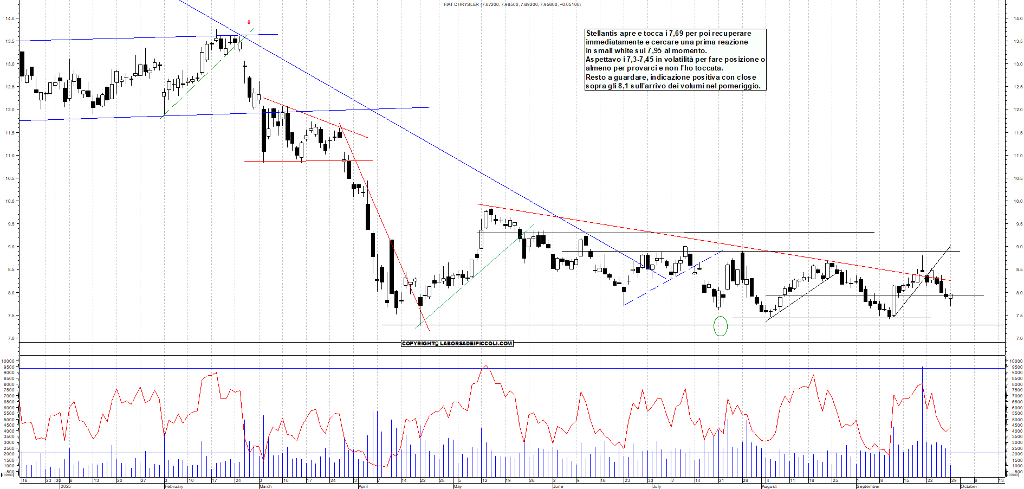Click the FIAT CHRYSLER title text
(x=461, y=4)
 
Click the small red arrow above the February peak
(x=249, y=22)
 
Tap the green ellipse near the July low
(x=720, y=326)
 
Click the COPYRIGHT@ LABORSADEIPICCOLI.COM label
(x=457, y=343)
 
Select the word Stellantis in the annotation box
(x=601, y=34)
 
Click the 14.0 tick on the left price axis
(x=10, y=18)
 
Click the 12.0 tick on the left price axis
(x=10, y=110)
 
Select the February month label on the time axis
(x=174, y=486)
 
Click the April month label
(x=363, y=486)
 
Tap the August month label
(x=769, y=486)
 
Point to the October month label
(x=969, y=486)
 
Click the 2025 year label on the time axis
(x=66, y=486)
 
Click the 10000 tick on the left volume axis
(x=7, y=361)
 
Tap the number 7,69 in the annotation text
(x=676, y=34)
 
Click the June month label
(x=558, y=486)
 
